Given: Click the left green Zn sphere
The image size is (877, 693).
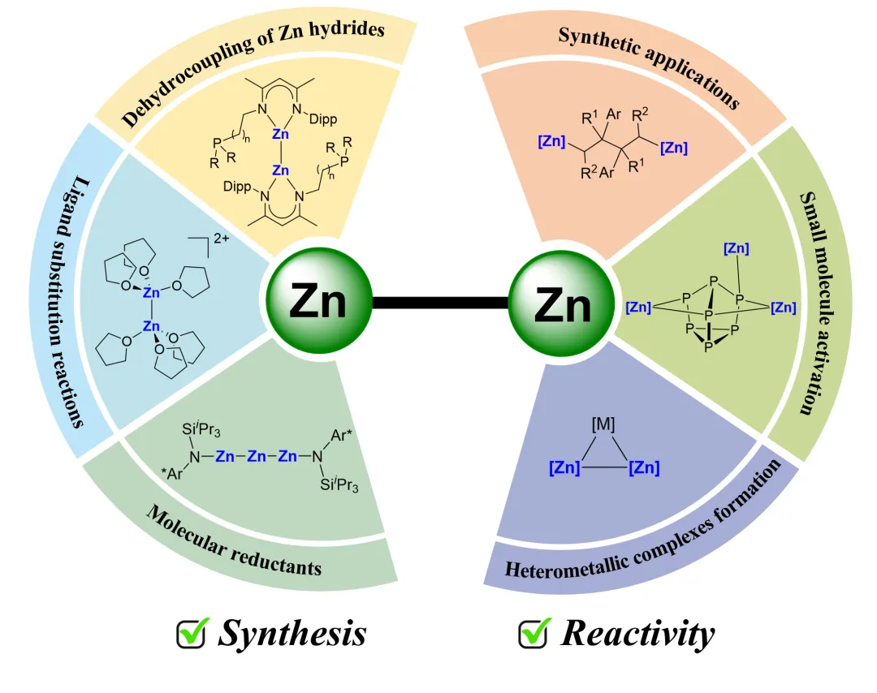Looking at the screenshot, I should pyautogui.click(x=319, y=301).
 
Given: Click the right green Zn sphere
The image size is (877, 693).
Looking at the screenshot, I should pyautogui.click(x=561, y=304).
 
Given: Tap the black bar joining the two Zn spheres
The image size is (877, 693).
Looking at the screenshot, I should pyautogui.click(x=440, y=303).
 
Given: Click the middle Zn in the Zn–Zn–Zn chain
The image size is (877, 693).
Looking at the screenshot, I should pyautogui.click(x=257, y=458).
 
